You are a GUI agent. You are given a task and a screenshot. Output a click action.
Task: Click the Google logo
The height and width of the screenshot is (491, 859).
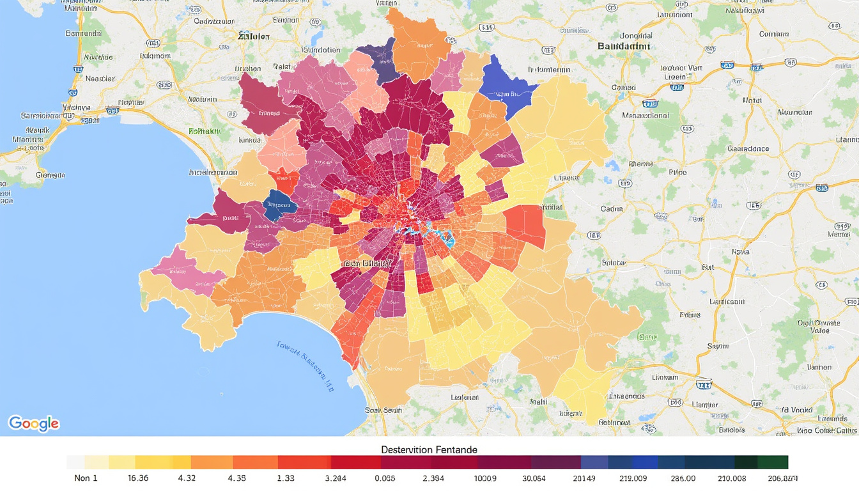[x=33, y=423]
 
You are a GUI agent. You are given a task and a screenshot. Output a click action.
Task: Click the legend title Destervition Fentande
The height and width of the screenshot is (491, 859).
[x=429, y=449]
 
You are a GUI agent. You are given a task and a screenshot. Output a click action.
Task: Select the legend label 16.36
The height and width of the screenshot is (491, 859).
[x=137, y=478]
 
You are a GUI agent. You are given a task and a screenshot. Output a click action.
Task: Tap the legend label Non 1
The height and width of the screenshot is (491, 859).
[x=86, y=478]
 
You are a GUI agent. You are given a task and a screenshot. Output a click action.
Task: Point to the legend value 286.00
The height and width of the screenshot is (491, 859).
[x=683, y=478]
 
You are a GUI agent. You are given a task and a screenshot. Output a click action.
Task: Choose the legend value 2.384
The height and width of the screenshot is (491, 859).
[x=433, y=478]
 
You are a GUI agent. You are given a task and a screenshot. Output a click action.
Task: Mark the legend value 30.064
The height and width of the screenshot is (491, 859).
[x=534, y=478]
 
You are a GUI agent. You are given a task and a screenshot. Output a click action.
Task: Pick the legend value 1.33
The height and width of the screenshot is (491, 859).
[x=285, y=478]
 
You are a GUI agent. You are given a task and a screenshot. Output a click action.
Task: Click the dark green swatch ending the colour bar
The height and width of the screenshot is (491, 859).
[x=773, y=462]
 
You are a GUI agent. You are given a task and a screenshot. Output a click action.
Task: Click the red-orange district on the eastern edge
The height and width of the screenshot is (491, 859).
[x=525, y=226]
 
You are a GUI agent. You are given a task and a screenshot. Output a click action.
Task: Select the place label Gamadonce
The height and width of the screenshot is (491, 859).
[x=748, y=148]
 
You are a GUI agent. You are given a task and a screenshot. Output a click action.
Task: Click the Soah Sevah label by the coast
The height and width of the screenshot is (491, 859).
[x=383, y=410]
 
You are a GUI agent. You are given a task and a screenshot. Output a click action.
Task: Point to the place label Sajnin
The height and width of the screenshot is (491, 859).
[x=717, y=346]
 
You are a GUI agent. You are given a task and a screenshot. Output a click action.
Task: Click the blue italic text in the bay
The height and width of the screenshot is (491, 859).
[x=306, y=364]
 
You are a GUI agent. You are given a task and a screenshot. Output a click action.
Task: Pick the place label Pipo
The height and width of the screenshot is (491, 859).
[x=677, y=172]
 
